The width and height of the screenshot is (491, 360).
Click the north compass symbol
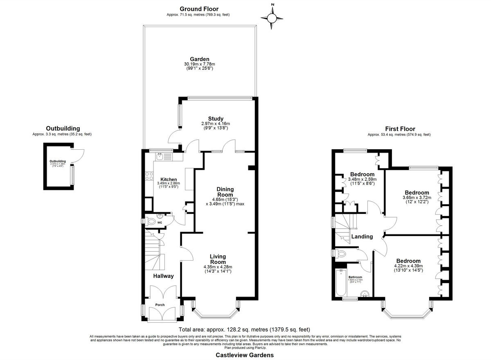tap(272, 17)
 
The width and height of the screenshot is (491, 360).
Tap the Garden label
tap(199, 59)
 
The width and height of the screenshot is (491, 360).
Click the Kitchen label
tap(169, 180)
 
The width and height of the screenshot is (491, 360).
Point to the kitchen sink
tap(160, 156)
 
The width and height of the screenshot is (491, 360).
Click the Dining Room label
tap(225, 192)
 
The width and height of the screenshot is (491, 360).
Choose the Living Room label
tap(218, 259)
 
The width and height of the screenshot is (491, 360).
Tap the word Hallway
tap(164, 276)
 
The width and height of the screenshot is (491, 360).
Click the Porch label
tap(160, 305)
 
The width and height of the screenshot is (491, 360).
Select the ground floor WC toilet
tap(151, 222)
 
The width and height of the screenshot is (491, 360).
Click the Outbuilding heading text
tap(63, 128)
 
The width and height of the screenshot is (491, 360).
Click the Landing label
tap(362, 236)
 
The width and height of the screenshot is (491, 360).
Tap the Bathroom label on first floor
tap(355, 277)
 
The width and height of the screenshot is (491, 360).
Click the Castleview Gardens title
tap(245, 355)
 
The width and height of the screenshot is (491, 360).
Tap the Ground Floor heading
tap(199, 9)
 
